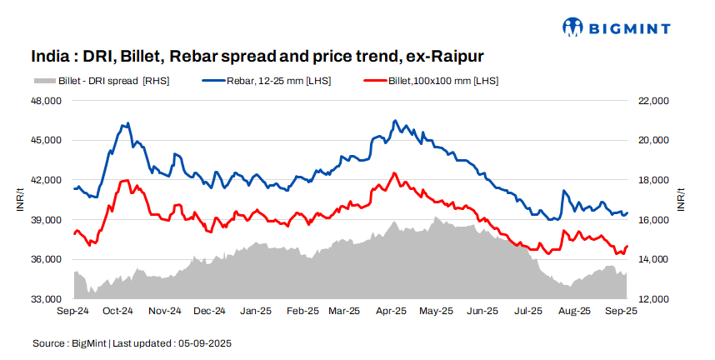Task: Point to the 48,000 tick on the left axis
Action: click(47, 101)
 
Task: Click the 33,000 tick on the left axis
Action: click(47, 299)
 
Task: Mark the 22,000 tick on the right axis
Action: click(652, 101)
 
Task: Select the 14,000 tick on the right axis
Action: click(652, 259)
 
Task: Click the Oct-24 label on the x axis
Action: click(117, 311)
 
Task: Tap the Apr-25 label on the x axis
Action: click(391, 311)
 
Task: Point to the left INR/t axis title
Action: click(20, 200)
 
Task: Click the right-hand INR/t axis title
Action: click(681, 200)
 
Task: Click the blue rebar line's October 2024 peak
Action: click(127, 123)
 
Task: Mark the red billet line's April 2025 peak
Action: click(393, 173)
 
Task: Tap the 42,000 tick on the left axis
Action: click(47, 180)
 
